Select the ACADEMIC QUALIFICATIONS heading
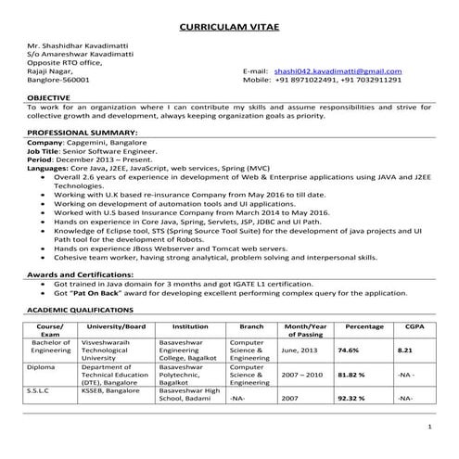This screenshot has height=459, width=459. coord(83,311)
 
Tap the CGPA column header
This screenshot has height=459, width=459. coord(404,326)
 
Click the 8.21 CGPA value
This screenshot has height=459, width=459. coord(403,351)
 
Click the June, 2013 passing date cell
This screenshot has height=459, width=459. coord(301,351)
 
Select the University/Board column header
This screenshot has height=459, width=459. coord(116,326)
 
